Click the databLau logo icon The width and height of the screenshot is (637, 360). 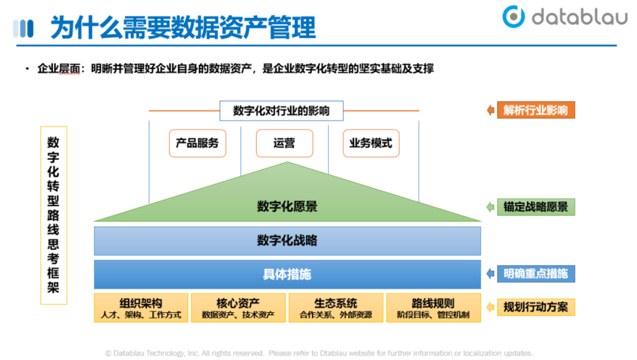(514, 17)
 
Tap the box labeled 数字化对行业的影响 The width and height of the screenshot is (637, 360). (281, 111)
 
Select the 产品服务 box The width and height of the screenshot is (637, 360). (198, 143)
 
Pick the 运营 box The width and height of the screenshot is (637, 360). (284, 143)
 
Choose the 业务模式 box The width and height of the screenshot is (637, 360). (371, 143)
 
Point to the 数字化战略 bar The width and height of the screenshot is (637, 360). (287, 241)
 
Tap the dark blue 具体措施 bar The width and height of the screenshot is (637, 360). (287, 274)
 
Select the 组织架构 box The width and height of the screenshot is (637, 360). (141, 308)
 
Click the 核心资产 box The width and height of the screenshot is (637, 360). (238, 308)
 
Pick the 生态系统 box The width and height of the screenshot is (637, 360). (336, 308)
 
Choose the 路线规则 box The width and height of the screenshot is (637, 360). (434, 308)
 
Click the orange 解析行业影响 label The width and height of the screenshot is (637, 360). (536, 110)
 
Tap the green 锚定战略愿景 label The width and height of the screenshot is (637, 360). (536, 207)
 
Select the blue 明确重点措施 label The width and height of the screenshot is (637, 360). (536, 274)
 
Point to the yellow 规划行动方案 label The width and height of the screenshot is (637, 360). (536, 307)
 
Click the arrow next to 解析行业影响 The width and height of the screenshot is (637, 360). (490, 110)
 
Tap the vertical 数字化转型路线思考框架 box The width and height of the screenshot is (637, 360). (54, 215)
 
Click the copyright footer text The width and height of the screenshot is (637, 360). (318, 353)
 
